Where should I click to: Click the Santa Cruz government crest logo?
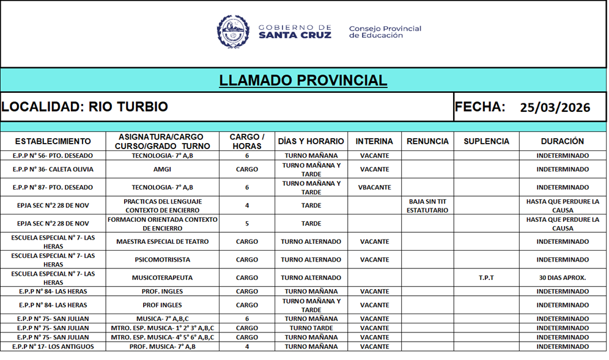pyautogui.click(x=234, y=32)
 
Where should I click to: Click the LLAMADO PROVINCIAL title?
pyautogui.click(x=303, y=81)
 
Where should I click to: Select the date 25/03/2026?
pyautogui.click(x=555, y=108)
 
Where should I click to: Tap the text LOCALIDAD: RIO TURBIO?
pyautogui.click(x=84, y=107)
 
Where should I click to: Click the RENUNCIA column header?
pyautogui.click(x=427, y=141)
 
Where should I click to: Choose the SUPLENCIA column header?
pyautogui.click(x=486, y=141)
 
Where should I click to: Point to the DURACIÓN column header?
pyautogui.click(x=563, y=141)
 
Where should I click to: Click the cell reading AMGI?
pyautogui.click(x=162, y=169)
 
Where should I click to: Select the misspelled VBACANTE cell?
pyautogui.click(x=374, y=188)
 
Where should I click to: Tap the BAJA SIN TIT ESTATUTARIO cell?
pyautogui.click(x=427, y=206)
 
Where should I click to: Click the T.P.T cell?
pyautogui.click(x=486, y=277)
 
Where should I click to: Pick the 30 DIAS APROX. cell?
pyautogui.click(x=563, y=277)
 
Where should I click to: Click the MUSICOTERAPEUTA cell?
pyautogui.click(x=162, y=277)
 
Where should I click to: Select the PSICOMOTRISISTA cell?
pyautogui.click(x=162, y=260)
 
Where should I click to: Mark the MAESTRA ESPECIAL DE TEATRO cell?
pyautogui.click(x=162, y=241)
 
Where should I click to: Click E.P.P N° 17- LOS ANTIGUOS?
pyautogui.click(x=53, y=347)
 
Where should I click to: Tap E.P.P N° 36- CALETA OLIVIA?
pyautogui.click(x=53, y=169)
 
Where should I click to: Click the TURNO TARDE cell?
pyautogui.click(x=311, y=328)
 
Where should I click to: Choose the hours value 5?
pyautogui.click(x=247, y=224)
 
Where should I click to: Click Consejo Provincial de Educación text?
pyautogui.click(x=385, y=32)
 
